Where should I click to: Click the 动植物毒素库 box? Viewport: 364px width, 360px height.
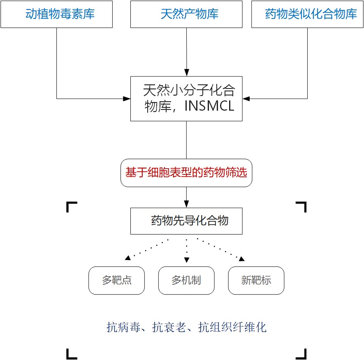point(57,14)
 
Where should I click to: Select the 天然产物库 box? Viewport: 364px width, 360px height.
point(186,14)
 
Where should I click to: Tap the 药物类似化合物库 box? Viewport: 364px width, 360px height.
point(307,14)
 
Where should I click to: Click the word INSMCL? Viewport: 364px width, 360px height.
point(209,106)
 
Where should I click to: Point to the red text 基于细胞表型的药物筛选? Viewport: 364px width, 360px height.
point(186,172)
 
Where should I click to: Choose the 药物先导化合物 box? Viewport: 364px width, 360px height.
point(186,221)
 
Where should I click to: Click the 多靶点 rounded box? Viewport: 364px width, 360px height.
point(116,280)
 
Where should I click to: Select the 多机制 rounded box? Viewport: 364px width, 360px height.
point(186,280)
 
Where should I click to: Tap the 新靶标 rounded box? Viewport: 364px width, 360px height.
point(256,280)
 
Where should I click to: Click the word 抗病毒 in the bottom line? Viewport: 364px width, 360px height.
point(123,327)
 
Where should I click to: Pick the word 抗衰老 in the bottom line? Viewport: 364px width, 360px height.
point(169,327)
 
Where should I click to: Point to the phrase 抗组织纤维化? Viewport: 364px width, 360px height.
point(232,327)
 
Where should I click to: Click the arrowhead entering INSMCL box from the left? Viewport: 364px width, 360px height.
point(127,99)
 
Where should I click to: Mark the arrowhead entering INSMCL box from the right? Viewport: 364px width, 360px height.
point(246,99)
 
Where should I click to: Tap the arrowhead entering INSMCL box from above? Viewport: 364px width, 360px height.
point(186,72)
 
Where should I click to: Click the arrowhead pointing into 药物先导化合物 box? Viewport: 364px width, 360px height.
point(186,204)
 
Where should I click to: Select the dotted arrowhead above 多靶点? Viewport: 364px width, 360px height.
point(128,258)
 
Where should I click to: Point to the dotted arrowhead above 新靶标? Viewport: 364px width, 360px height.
point(242,258)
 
